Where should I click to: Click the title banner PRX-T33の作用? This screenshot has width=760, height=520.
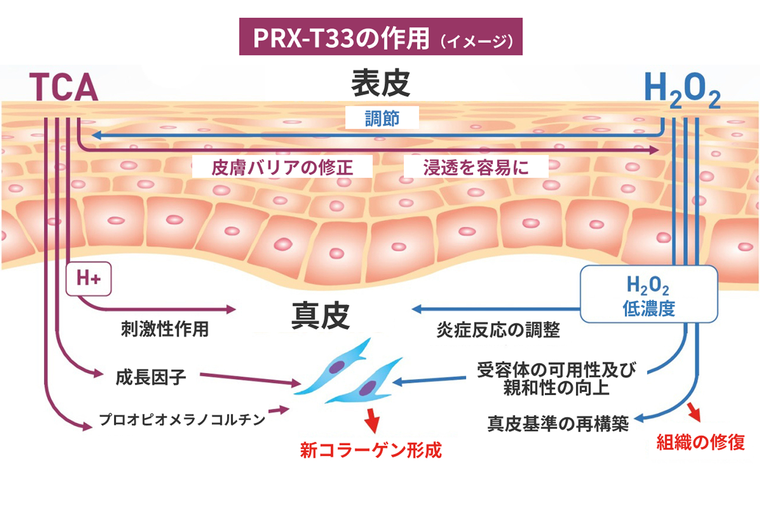380,37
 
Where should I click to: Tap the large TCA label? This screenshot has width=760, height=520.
64,87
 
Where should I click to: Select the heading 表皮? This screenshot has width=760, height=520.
380,83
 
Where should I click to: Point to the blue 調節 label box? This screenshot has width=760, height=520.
382,118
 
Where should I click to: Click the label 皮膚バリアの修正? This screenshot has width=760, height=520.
282,167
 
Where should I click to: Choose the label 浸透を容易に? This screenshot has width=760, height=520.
475,167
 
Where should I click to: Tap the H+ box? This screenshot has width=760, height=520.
88,279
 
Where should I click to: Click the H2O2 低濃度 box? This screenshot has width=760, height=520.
648,295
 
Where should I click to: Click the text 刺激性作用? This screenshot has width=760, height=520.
165,329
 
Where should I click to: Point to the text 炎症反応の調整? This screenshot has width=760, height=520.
498,330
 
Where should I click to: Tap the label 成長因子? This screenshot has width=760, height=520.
151,377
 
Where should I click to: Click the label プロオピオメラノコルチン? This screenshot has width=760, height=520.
182,420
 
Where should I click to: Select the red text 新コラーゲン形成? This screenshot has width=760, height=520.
370,450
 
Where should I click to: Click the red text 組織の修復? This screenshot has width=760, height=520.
700,442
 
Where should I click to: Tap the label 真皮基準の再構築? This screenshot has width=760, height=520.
558,424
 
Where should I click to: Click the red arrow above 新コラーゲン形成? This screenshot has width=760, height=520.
372,421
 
